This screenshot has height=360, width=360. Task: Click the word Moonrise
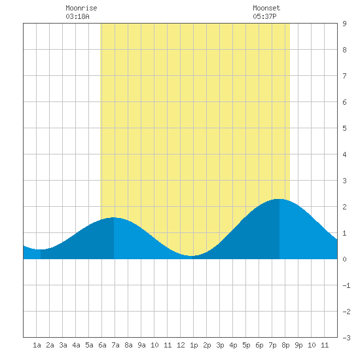coord(81,8)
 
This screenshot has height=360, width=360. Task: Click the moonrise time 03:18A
coord(77,16)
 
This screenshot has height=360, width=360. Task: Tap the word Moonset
coord(266,8)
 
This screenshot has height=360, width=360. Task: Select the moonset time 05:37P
coord(264,16)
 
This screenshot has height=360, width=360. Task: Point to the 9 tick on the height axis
coord(344,24)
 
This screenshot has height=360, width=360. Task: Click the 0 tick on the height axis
coord(344,259)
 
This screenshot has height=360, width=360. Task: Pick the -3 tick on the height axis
coord(346,338)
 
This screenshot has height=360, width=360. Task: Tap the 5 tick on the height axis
coord(344,128)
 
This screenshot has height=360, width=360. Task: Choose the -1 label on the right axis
coord(346,285)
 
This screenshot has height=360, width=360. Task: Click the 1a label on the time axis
coord(37,345)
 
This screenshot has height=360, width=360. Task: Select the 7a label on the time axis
coord(115,345)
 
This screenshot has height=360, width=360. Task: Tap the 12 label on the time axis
coord(181,345)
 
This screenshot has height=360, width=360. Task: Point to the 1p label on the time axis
coord(194,345)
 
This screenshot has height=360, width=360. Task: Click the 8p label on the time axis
coord(285,345)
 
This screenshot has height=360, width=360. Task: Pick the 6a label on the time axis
coord(102,345)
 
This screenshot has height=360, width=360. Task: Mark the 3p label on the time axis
coord(220,345)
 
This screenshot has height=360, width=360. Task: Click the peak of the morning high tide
coord(114,217)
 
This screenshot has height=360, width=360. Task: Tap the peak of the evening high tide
coord(279,199)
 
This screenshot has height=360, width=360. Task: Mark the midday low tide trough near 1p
coord(192,256)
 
